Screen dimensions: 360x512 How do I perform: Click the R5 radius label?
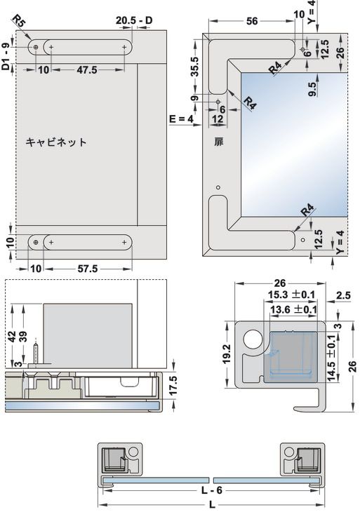(19, 21)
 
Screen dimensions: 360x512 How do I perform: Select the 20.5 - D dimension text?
(134, 20)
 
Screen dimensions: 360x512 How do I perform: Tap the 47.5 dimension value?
(87, 70)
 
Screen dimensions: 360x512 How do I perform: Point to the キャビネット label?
(56, 142)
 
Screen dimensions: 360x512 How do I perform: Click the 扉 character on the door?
(218, 142)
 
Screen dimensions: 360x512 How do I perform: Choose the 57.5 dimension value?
(88, 269)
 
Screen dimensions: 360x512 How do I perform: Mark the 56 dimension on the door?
(252, 21)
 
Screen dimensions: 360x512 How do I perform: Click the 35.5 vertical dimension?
(194, 67)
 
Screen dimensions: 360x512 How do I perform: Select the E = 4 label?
(181, 119)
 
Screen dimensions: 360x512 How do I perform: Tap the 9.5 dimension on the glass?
(313, 89)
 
